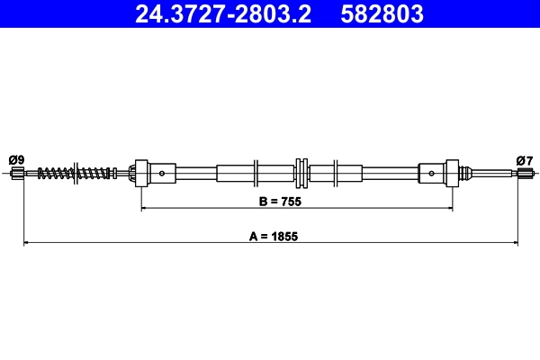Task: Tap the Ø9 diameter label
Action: (16, 160)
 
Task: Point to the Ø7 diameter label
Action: (525, 160)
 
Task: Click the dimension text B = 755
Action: (276, 202)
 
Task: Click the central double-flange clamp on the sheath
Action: (302, 172)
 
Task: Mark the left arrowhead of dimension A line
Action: (26, 242)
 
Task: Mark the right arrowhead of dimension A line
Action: (514, 242)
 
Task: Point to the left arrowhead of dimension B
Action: (145, 208)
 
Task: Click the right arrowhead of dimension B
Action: (449, 208)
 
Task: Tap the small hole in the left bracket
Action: (162, 172)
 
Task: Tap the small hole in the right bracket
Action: (432, 172)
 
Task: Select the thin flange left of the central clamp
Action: (257, 172)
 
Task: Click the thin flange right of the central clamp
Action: (335, 172)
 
